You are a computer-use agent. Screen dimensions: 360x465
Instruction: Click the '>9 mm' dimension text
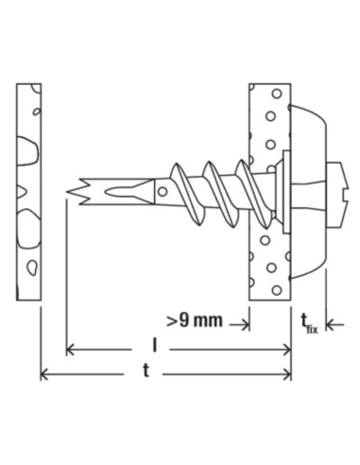pos(195,320)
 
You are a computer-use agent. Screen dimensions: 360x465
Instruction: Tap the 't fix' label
pos(309,324)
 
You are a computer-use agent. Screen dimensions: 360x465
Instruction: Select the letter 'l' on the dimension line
pos(154,345)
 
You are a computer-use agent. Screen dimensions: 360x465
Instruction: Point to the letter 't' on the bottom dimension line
pos(146,370)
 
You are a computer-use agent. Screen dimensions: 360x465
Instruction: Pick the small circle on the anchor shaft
pos(163,192)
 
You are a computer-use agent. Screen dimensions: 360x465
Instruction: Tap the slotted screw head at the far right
pos(337,195)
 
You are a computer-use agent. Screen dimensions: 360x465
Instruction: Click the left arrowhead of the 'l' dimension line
pos(70,350)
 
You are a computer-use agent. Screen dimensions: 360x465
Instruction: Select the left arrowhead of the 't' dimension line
pos(44,375)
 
